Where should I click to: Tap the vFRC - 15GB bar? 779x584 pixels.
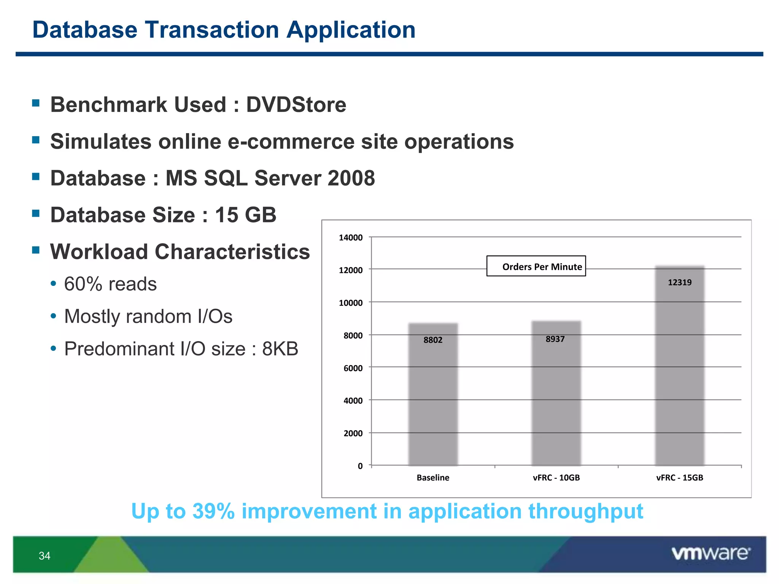(x=680, y=373)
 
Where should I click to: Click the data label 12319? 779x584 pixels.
(x=680, y=282)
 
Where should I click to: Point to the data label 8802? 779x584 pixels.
(x=433, y=340)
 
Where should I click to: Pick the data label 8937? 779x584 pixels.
(x=555, y=339)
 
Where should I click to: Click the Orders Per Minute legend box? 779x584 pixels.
(x=536, y=266)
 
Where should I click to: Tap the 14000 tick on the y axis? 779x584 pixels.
(x=350, y=238)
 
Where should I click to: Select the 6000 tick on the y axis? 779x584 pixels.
(x=353, y=368)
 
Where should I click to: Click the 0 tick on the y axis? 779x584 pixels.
(x=360, y=466)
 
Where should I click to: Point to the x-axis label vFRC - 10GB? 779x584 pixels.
(x=556, y=478)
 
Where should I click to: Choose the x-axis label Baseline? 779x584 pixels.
(x=433, y=478)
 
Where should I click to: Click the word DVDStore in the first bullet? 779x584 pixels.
(x=296, y=105)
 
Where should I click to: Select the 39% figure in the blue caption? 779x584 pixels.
(x=213, y=511)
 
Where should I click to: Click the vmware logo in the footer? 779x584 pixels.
(x=711, y=553)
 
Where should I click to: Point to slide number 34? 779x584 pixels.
(x=45, y=556)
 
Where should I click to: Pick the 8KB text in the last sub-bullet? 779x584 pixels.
(x=280, y=349)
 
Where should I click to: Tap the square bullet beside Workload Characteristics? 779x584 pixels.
(x=36, y=250)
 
